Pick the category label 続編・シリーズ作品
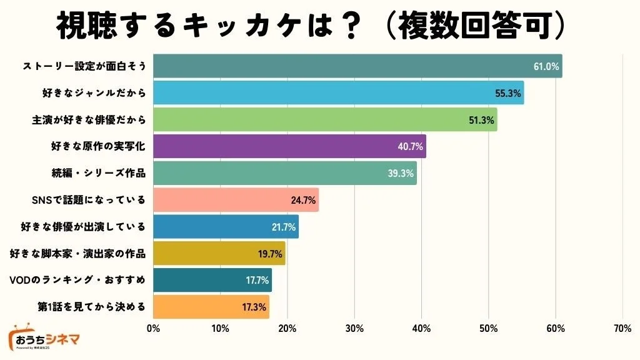98,173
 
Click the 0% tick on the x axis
153,329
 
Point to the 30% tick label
354,329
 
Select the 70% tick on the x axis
622,329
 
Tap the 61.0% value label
546,66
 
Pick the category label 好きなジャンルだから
94,93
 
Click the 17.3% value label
254,307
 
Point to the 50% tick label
488,329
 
